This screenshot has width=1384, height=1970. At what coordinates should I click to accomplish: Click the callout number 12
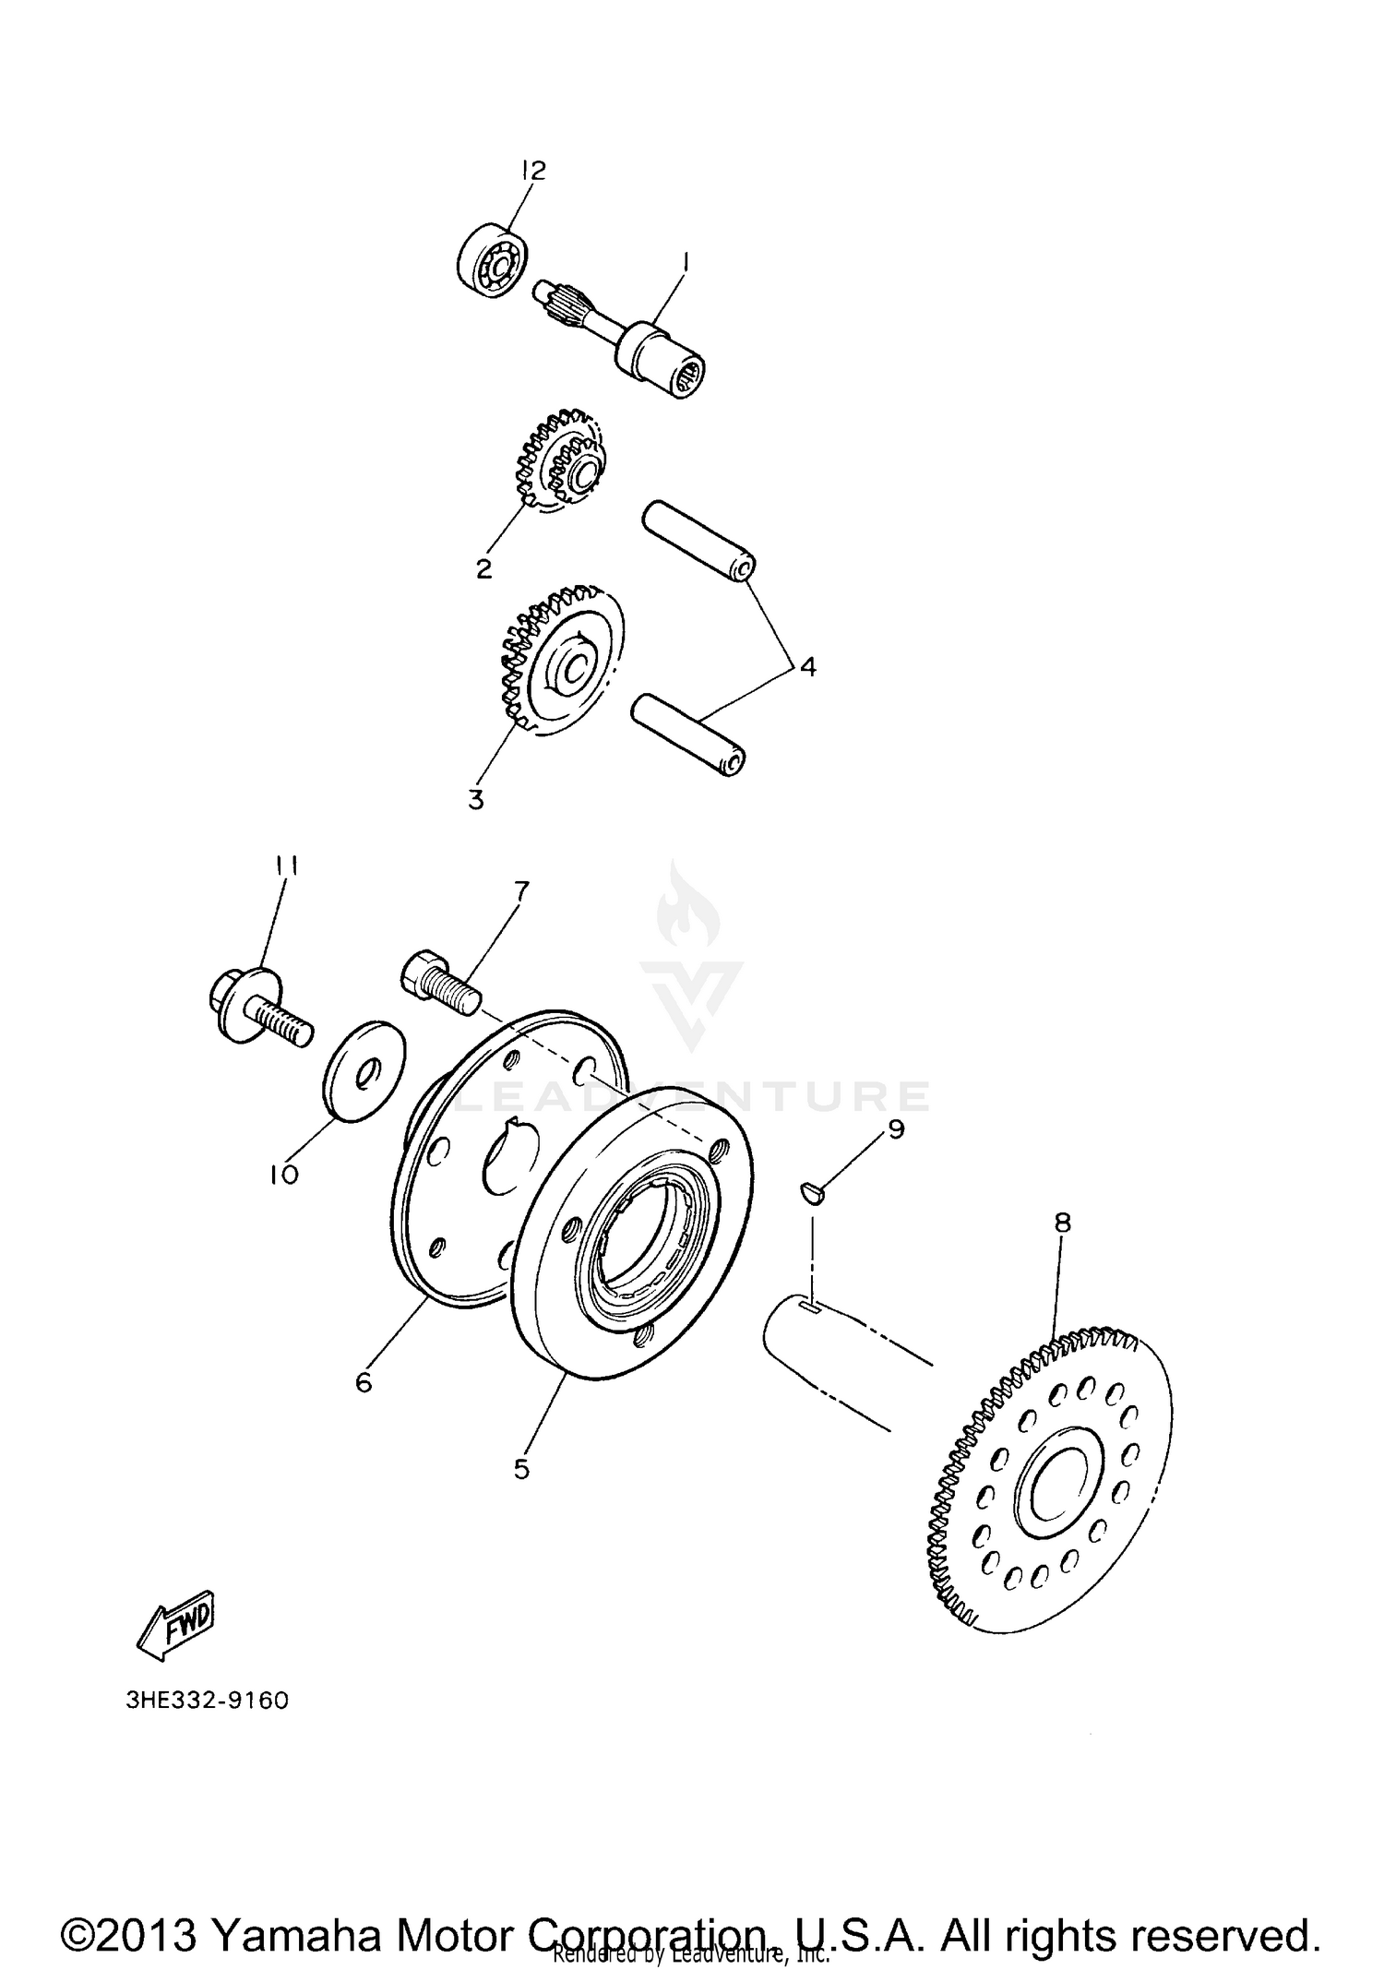point(533,170)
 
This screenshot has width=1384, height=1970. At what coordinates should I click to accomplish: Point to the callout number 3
point(476,799)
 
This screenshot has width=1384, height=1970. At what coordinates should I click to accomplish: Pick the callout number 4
point(807,666)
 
